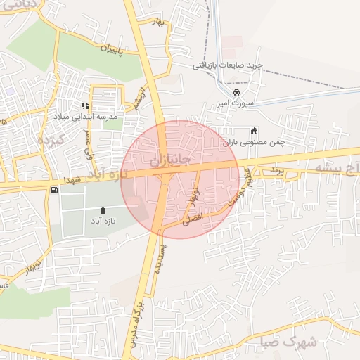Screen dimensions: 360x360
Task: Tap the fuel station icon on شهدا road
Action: click(x=54, y=191)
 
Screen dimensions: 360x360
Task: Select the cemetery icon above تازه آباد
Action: click(x=104, y=211)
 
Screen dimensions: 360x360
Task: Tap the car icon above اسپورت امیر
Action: click(x=236, y=92)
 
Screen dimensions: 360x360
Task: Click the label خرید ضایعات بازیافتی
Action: click(x=229, y=65)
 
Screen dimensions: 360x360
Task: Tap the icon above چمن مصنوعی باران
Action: click(x=254, y=130)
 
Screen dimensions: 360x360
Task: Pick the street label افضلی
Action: click(x=192, y=219)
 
